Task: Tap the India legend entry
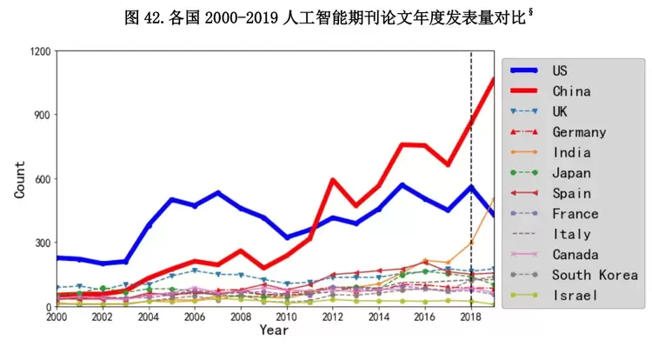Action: pos(570,152)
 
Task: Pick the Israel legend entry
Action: pos(575,296)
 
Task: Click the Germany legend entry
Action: pos(579,132)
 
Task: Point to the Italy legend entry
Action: pos(571,234)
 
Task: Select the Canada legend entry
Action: pos(575,255)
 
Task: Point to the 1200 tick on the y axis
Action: pos(40,51)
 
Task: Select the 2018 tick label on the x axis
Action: pos(470,319)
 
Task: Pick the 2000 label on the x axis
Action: pos(57,319)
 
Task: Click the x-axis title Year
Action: pos(273,331)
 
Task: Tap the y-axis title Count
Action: pos(19,178)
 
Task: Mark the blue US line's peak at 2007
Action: pos(218,193)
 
